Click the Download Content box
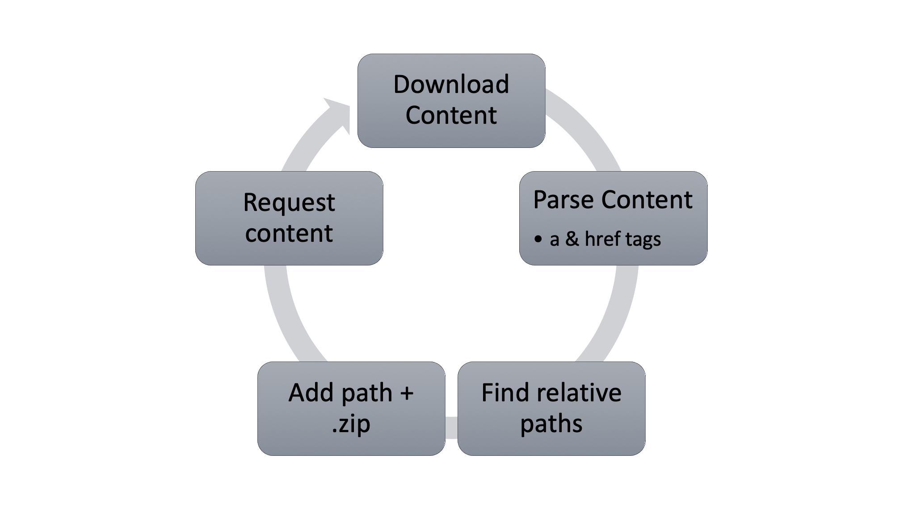[x=451, y=101]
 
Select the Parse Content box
[x=613, y=218]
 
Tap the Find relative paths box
[x=551, y=408]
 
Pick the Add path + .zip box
[x=351, y=408]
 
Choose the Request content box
[x=289, y=218]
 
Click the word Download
[x=451, y=84]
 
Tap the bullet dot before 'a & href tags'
[x=538, y=239]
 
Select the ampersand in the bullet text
[x=572, y=239]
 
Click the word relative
[x=580, y=393]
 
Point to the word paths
[x=551, y=424]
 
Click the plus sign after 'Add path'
[x=407, y=394]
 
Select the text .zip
[x=351, y=424]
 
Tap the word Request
[x=289, y=202]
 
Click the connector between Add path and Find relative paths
[x=451, y=428]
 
